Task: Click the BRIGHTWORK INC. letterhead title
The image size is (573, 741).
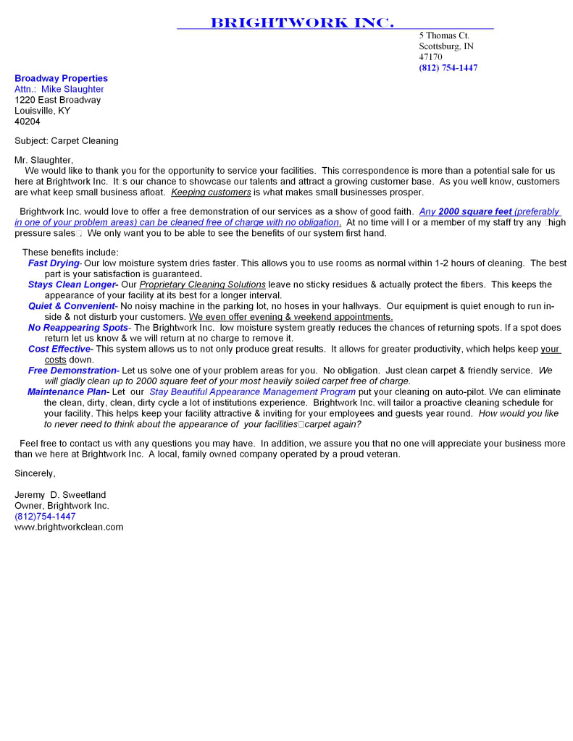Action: coord(302,23)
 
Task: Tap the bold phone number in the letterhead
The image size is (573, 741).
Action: coord(448,68)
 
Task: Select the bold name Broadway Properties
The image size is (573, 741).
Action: coord(61,78)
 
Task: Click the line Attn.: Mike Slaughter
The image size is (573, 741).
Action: coord(59,89)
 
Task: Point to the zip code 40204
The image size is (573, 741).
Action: coord(28,122)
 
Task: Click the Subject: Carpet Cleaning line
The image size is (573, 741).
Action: coord(67,141)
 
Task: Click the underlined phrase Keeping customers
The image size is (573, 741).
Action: coord(211,192)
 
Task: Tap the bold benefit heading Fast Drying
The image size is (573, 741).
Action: coord(54,263)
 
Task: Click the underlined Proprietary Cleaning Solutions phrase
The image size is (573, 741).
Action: coord(203,285)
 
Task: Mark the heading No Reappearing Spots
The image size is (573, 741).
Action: coord(78,328)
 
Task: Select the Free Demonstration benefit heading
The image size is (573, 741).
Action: coord(72,370)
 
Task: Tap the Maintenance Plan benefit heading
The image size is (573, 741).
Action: coord(67,392)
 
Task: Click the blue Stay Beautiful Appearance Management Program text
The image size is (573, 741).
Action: coord(252,392)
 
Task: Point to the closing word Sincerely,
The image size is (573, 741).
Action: coord(35,473)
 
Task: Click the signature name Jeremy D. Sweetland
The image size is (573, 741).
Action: coord(60,495)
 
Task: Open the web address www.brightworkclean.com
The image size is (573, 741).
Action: coord(69,528)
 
